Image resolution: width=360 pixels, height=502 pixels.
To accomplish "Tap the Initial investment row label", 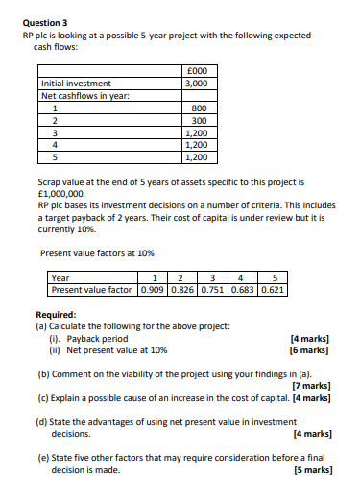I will (x=76, y=84).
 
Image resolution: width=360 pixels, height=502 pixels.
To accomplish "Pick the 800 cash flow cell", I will (x=199, y=108).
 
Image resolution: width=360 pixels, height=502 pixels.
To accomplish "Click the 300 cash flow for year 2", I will (x=199, y=120).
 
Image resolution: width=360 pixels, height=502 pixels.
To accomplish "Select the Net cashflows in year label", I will (x=84, y=95).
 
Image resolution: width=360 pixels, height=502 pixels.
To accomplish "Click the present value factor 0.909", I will (x=152, y=289).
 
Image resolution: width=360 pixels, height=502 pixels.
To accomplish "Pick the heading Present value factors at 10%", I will (x=98, y=252).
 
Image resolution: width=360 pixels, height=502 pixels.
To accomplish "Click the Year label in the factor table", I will (x=60, y=278).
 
